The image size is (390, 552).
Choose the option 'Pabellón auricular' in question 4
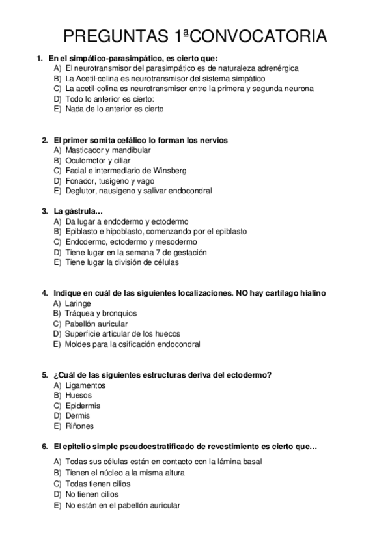[96, 324]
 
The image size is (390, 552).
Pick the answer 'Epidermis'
[83, 406]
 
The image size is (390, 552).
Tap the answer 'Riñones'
[79, 426]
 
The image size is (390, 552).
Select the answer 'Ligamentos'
[85, 385]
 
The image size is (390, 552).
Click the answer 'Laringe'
[78, 303]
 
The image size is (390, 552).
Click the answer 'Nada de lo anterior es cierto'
[115, 109]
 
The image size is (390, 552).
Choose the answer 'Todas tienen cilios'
[98, 484]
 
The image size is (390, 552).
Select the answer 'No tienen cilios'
[92, 494]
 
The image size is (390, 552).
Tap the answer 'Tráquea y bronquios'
[100, 313]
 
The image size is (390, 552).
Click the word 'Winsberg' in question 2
[171, 171]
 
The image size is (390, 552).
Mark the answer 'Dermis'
[78, 416]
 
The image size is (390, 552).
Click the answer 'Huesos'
[78, 395]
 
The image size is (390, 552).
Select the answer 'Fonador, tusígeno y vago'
[108, 180]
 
